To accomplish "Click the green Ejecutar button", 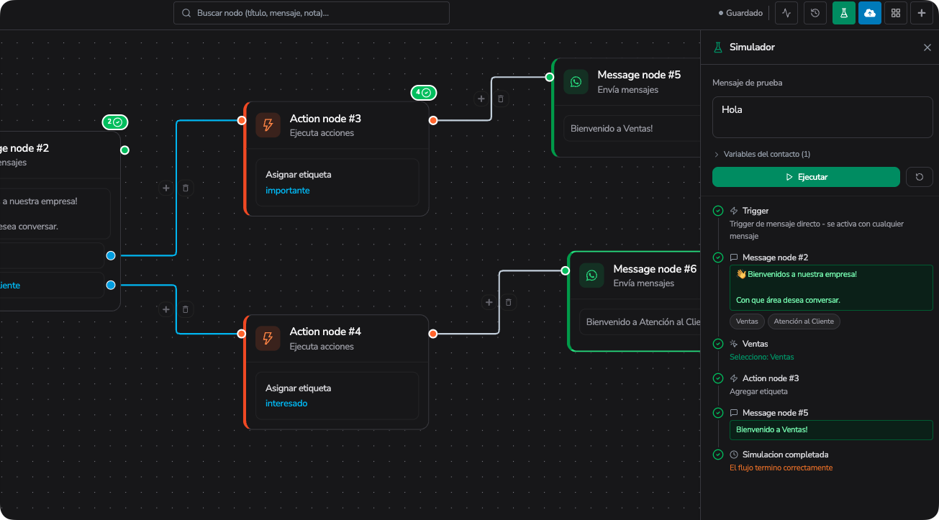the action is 806,177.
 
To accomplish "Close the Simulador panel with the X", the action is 927,47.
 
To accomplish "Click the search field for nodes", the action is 312,13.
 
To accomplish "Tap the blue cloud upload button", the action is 869,13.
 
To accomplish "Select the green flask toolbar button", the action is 843,13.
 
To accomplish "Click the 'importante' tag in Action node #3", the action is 288,190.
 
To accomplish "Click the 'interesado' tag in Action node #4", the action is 286,403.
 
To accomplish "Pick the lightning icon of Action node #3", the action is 268,125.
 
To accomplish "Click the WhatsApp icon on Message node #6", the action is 591,275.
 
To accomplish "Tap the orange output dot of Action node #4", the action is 433,334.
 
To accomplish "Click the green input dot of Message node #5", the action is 549,77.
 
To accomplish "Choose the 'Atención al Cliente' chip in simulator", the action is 804,321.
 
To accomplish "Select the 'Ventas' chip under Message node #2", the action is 747,321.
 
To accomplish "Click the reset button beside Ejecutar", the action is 920,177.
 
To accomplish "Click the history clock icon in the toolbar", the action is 815,13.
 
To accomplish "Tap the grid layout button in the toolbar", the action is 895,13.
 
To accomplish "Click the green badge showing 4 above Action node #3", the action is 423,93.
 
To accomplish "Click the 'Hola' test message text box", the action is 822,117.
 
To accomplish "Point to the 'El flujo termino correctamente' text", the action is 781,467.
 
